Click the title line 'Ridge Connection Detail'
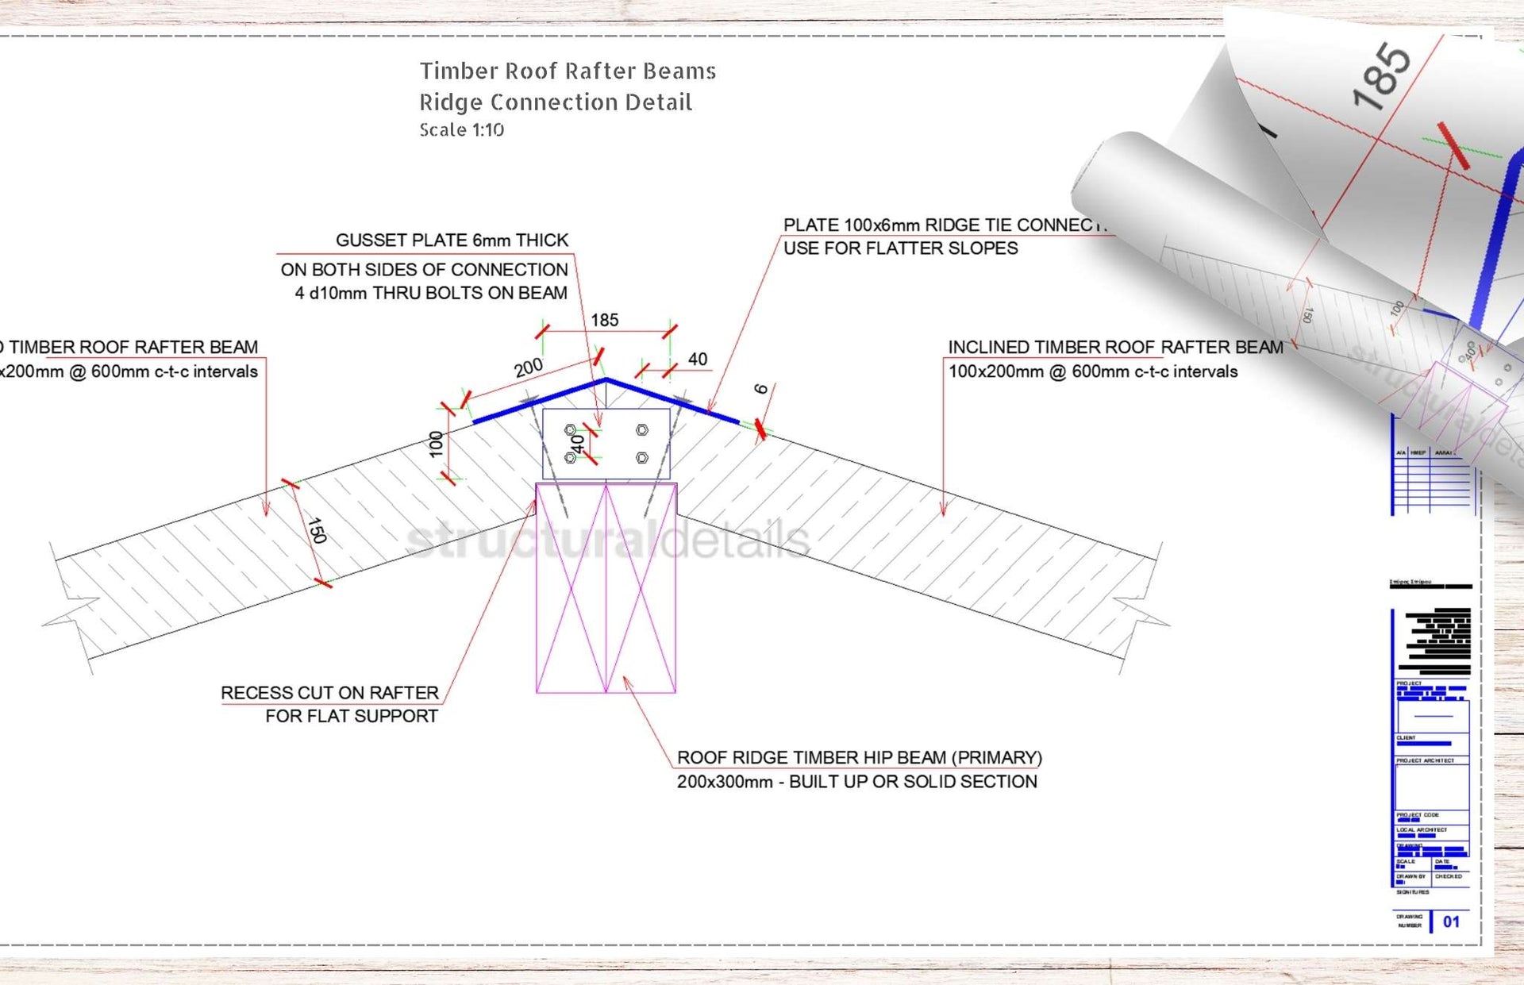coord(556,102)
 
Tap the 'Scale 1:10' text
coord(461,130)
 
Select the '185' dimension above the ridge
coord(604,320)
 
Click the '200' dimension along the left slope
coord(528,367)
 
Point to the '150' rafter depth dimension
coord(317,530)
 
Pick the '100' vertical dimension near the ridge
coord(436,444)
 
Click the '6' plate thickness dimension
coord(760,389)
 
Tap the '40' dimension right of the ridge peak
coord(697,360)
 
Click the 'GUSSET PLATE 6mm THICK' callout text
coord(452,240)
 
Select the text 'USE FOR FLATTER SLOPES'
coord(900,248)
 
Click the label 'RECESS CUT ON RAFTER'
coord(329,693)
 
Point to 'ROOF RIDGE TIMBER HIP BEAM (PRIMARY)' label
coord(859,758)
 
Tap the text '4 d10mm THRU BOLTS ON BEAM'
coord(431,293)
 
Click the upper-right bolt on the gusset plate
coord(642,430)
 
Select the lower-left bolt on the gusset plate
coord(570,458)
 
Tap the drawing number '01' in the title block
coord(1451,922)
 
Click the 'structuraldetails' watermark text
coord(607,541)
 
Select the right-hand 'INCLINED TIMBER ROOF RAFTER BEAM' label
coord(1114,347)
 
